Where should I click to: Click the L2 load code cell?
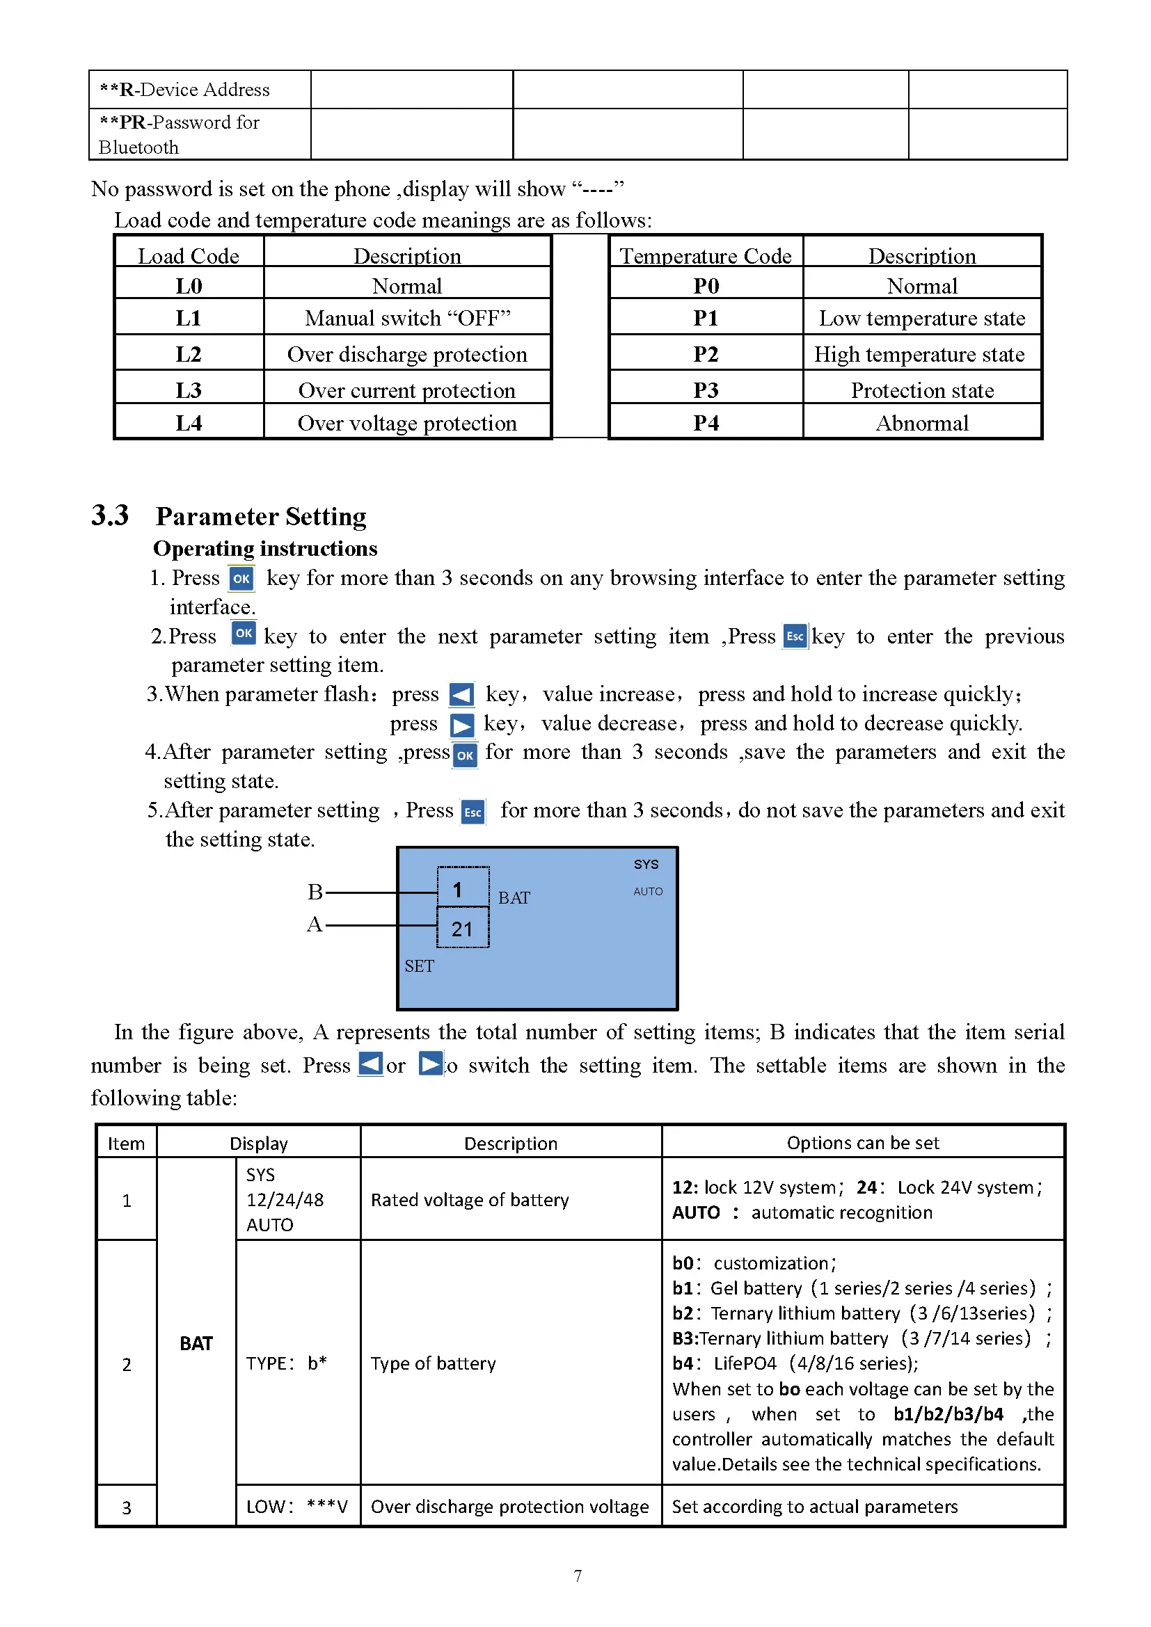tap(189, 353)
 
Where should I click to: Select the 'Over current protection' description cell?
tap(407, 390)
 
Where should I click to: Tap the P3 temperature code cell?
tap(706, 390)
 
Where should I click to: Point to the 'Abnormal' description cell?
tap(921, 423)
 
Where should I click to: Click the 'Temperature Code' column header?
tap(706, 255)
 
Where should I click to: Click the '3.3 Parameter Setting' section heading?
tap(229, 515)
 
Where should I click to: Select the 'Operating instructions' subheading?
tap(265, 547)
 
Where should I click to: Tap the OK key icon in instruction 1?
tap(241, 578)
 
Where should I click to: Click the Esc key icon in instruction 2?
tap(795, 636)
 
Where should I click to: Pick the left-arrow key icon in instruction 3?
tap(461, 694)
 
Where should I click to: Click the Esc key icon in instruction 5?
tap(473, 811)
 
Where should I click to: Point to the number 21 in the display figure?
tap(462, 929)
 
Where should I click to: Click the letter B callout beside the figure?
tap(315, 892)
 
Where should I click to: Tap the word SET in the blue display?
tap(419, 966)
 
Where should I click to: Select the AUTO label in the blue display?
tap(648, 892)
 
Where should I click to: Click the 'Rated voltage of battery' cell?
tap(469, 1200)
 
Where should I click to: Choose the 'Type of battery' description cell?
tap(433, 1363)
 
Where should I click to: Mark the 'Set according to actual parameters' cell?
tap(814, 1507)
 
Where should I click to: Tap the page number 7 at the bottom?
tap(578, 1576)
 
